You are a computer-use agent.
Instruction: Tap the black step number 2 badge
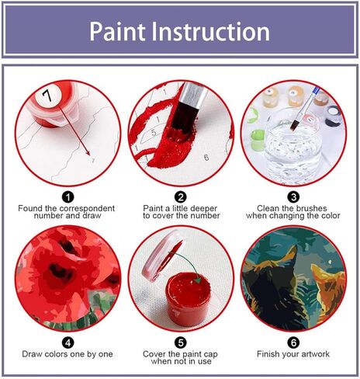pyautogui.click(x=180, y=198)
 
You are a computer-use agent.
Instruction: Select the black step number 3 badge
pyautogui.click(x=293, y=198)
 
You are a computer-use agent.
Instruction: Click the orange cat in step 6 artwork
pyautogui.click(x=322, y=291)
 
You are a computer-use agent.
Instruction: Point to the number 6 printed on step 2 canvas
pyautogui.click(x=206, y=158)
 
